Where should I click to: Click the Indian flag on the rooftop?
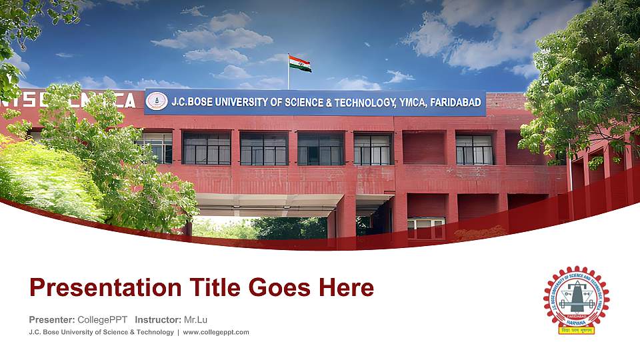pyautogui.click(x=300, y=64)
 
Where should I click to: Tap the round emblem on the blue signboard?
pyautogui.click(x=157, y=101)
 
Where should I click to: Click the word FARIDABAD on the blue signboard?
pyautogui.click(x=457, y=103)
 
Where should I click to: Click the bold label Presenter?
pyautogui.click(x=52, y=319)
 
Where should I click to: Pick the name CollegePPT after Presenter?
pyautogui.click(x=102, y=319)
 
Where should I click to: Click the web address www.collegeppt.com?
pyautogui.click(x=216, y=332)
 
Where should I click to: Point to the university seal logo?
pyautogui.click(x=577, y=296)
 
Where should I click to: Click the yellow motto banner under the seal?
pyautogui.click(x=576, y=329)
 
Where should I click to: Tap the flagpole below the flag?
pyautogui.click(x=289, y=80)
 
